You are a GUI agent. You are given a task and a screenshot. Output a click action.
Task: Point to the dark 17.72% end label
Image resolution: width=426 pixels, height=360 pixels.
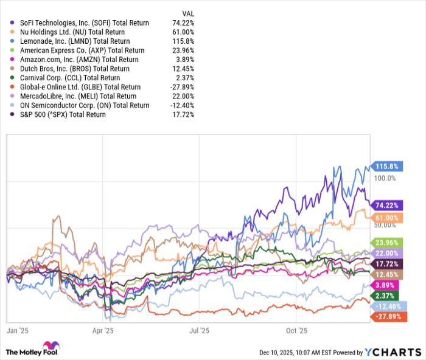(385, 264)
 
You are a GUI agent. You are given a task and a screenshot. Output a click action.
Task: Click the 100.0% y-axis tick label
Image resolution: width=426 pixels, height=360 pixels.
(385, 178)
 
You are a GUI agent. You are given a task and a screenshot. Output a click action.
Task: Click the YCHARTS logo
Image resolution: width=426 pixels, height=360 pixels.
(393, 352)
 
